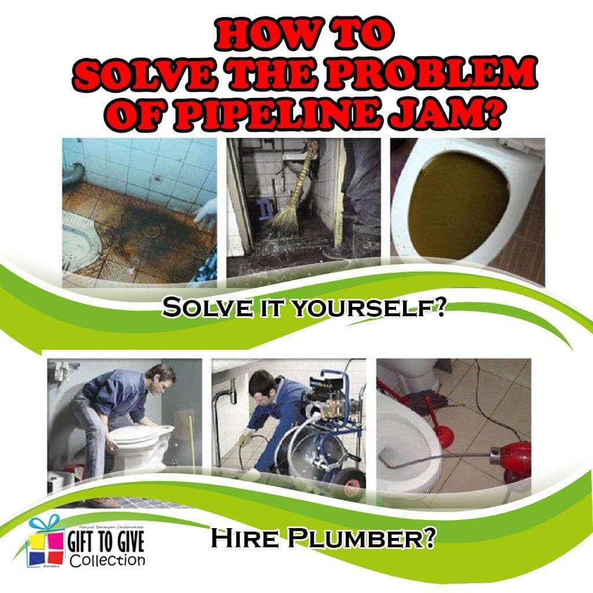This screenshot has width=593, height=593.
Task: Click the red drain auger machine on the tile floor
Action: tap(515, 457)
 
